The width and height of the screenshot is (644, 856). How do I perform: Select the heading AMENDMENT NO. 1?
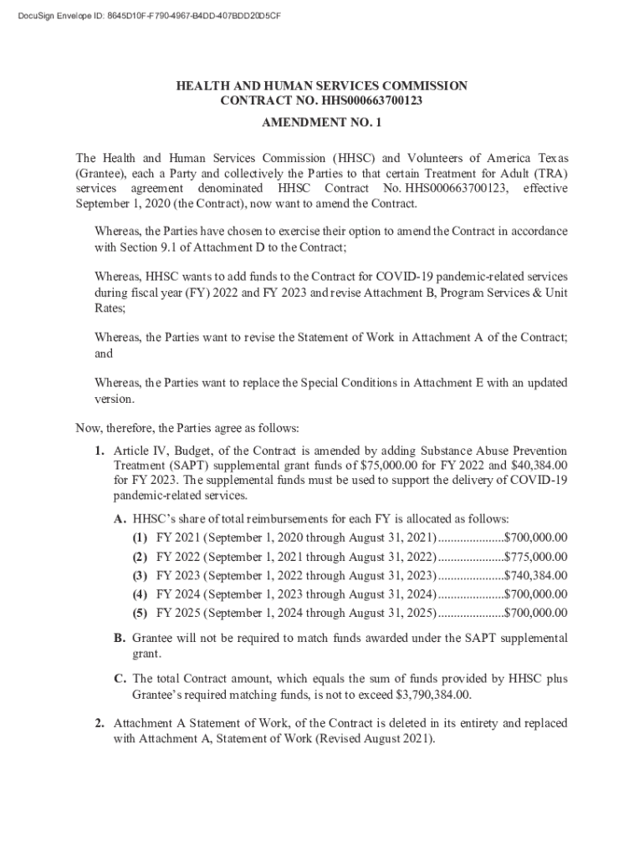[x=321, y=123]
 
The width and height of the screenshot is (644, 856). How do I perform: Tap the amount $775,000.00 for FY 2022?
[x=535, y=558]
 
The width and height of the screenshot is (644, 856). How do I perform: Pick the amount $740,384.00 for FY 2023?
[x=535, y=576]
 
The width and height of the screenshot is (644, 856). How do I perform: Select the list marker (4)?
[x=141, y=594]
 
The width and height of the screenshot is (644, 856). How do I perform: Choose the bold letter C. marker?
[x=120, y=680]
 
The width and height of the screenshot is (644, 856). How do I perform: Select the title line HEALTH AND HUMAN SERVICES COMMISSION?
[x=321, y=86]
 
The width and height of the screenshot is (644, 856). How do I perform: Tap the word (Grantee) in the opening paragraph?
[x=100, y=173]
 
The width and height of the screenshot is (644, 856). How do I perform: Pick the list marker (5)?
[x=141, y=613]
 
